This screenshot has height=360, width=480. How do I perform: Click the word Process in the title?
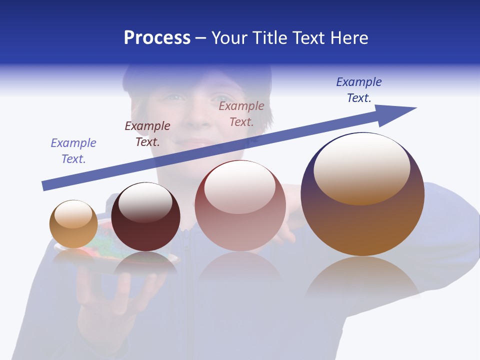click(x=157, y=38)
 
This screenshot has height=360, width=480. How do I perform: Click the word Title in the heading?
click(x=269, y=38)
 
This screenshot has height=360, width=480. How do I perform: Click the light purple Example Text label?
click(x=73, y=151)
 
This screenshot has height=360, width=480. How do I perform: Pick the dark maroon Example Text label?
click(x=147, y=134)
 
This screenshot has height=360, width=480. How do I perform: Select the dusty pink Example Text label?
click(x=241, y=114)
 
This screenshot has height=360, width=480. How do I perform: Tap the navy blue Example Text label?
click(x=359, y=90)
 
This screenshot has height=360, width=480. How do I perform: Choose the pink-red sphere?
click(x=240, y=225)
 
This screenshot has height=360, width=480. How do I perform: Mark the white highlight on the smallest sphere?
click(x=73, y=214)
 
